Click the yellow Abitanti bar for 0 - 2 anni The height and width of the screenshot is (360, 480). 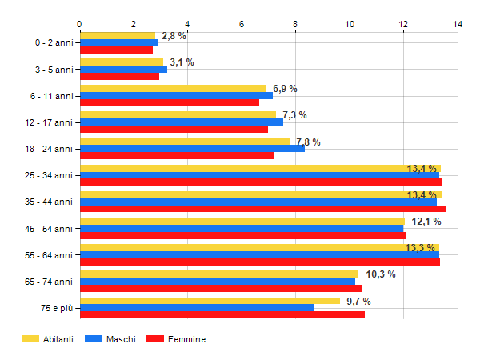[118, 35]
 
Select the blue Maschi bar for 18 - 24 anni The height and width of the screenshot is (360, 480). [192, 148]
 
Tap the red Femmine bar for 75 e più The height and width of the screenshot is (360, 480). [222, 314]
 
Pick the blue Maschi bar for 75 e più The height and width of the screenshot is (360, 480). [197, 307]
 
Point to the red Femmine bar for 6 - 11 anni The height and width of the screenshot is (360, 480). [170, 102]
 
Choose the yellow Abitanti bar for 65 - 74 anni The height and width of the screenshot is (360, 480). [219, 274]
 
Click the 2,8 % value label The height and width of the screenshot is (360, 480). [174, 36]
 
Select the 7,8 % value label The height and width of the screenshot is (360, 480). [308, 142]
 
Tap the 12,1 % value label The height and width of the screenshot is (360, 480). [426, 222]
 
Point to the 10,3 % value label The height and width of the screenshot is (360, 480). [381, 274]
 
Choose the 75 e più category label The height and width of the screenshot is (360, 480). [57, 308]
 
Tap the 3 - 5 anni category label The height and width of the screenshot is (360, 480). [55, 70]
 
